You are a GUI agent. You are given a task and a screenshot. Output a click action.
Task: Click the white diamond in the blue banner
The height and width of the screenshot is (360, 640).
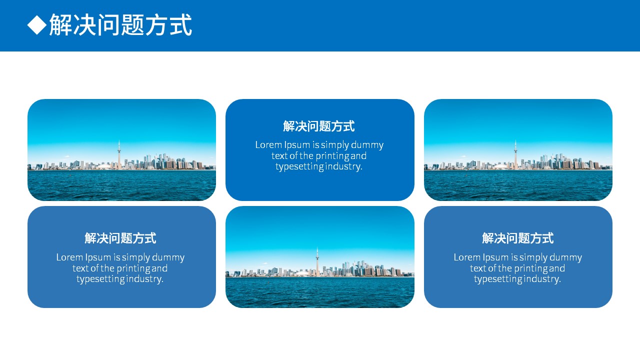click(37, 25)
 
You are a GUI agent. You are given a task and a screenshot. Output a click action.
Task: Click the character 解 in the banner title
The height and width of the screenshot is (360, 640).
click(61, 25)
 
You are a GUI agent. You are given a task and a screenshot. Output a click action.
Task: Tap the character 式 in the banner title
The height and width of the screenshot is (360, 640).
click(180, 25)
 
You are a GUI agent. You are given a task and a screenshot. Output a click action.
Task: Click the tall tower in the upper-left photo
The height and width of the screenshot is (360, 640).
click(119, 154)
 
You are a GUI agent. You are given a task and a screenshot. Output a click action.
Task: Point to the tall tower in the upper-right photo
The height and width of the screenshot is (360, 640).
click(515, 154)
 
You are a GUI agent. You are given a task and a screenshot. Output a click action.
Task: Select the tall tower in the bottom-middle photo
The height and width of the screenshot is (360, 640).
click(317, 261)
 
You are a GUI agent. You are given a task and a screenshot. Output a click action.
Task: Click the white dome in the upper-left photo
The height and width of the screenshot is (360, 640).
click(104, 166)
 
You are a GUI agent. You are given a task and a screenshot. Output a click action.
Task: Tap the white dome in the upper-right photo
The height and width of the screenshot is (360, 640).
click(500, 166)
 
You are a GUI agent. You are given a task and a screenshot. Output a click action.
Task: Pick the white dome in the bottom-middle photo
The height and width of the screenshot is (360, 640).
click(302, 273)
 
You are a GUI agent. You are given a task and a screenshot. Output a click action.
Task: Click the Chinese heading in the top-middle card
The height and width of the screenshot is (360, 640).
click(319, 126)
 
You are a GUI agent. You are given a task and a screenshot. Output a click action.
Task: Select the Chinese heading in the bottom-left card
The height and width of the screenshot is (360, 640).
click(120, 238)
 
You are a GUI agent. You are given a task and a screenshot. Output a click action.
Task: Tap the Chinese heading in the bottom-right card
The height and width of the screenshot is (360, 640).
click(517, 238)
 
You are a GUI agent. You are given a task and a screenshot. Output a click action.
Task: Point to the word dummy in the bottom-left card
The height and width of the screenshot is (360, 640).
click(168, 257)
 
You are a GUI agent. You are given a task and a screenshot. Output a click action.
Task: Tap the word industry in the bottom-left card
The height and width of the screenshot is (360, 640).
click(144, 279)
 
